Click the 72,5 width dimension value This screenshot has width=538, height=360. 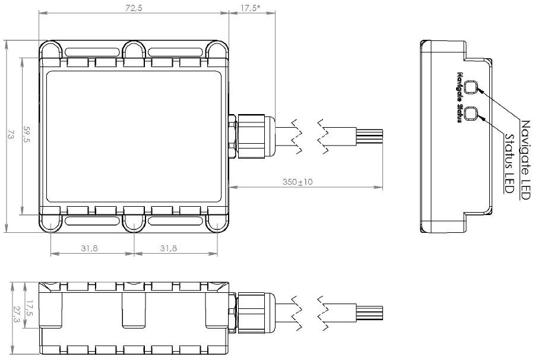(134, 8)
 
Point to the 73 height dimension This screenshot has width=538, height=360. (10, 135)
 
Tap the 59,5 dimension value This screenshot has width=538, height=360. (26, 134)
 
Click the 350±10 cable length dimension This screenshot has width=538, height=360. (298, 182)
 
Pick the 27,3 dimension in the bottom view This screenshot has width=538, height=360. (16, 315)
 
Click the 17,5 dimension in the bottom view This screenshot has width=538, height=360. (30, 309)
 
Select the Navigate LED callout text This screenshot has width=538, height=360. (526, 160)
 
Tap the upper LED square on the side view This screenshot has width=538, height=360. (470, 87)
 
